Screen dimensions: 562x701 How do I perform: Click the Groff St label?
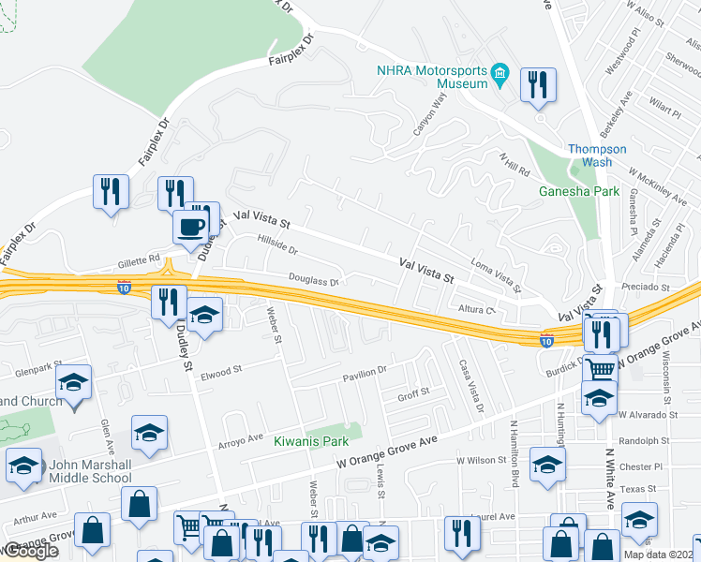[413, 392]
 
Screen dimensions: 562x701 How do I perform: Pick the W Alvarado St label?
[646, 414]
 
